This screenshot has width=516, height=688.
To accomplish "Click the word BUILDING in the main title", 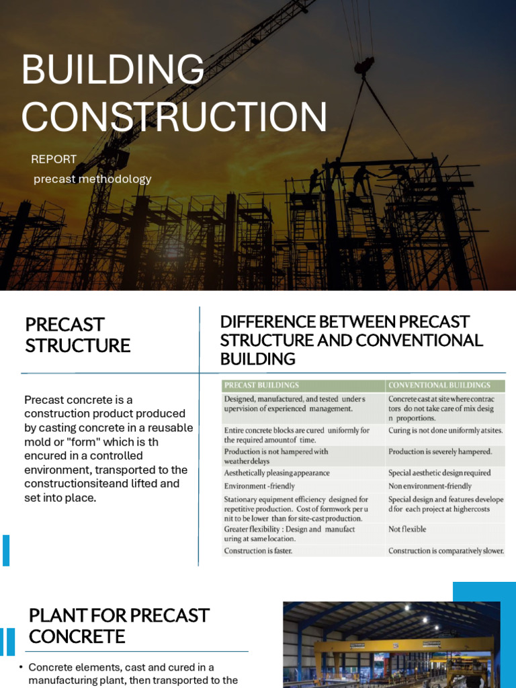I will pyautogui.click(x=113, y=69).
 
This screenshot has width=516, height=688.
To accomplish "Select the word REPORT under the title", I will pyautogui.click(x=54, y=159).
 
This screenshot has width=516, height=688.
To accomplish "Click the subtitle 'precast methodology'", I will pyautogui.click(x=92, y=179).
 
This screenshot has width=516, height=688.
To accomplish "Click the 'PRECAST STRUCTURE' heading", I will pyautogui.click(x=77, y=335).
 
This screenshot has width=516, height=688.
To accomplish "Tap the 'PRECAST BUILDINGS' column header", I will pyautogui.click(x=262, y=386).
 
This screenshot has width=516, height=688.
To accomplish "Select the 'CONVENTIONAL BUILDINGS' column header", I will pyautogui.click(x=439, y=386).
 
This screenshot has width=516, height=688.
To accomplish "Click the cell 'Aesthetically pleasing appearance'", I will pyautogui.click(x=277, y=473).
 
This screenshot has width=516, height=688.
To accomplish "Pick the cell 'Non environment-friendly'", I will pyautogui.click(x=430, y=486).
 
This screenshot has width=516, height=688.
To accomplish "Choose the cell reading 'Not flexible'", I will pyautogui.click(x=407, y=529).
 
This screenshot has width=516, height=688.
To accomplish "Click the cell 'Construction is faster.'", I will pyautogui.click(x=258, y=551).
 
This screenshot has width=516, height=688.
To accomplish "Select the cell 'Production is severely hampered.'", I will pyautogui.click(x=440, y=451).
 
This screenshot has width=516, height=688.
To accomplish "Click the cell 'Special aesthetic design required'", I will pyautogui.click(x=439, y=473).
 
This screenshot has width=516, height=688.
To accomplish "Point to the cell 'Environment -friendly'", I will pyautogui.click(x=259, y=486).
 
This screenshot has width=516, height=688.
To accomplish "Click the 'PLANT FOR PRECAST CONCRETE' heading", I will pyautogui.click(x=119, y=626).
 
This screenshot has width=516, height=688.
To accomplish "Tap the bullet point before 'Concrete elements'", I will pyautogui.click(x=21, y=667).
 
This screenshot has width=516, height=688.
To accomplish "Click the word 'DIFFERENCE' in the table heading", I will pyautogui.click(x=262, y=322).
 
